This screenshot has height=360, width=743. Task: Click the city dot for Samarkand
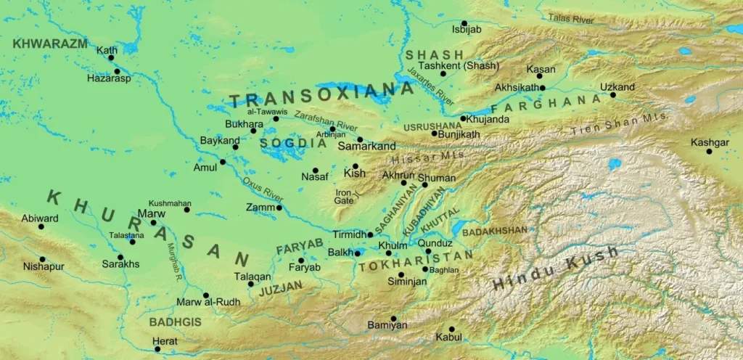coord(360,139)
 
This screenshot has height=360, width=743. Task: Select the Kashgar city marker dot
coord(709,151)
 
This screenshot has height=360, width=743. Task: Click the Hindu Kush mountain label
coord(555,267)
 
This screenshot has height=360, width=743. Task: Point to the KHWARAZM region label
coord(49,44)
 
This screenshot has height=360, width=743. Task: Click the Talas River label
coord(571,17)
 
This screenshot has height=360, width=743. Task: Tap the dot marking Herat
coord(157,349)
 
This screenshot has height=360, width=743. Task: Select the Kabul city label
coord(448,337)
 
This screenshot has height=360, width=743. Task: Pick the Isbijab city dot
coord(464,23)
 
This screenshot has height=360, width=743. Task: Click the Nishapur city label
coord(44,266)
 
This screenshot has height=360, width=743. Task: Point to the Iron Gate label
coord(344,196)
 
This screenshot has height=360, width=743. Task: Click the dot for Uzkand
coord(612,95)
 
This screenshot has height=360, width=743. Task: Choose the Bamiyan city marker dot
coord(393,318)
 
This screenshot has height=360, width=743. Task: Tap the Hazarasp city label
coord(109,78)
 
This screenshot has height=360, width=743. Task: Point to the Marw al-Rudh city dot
coord(206,295)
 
